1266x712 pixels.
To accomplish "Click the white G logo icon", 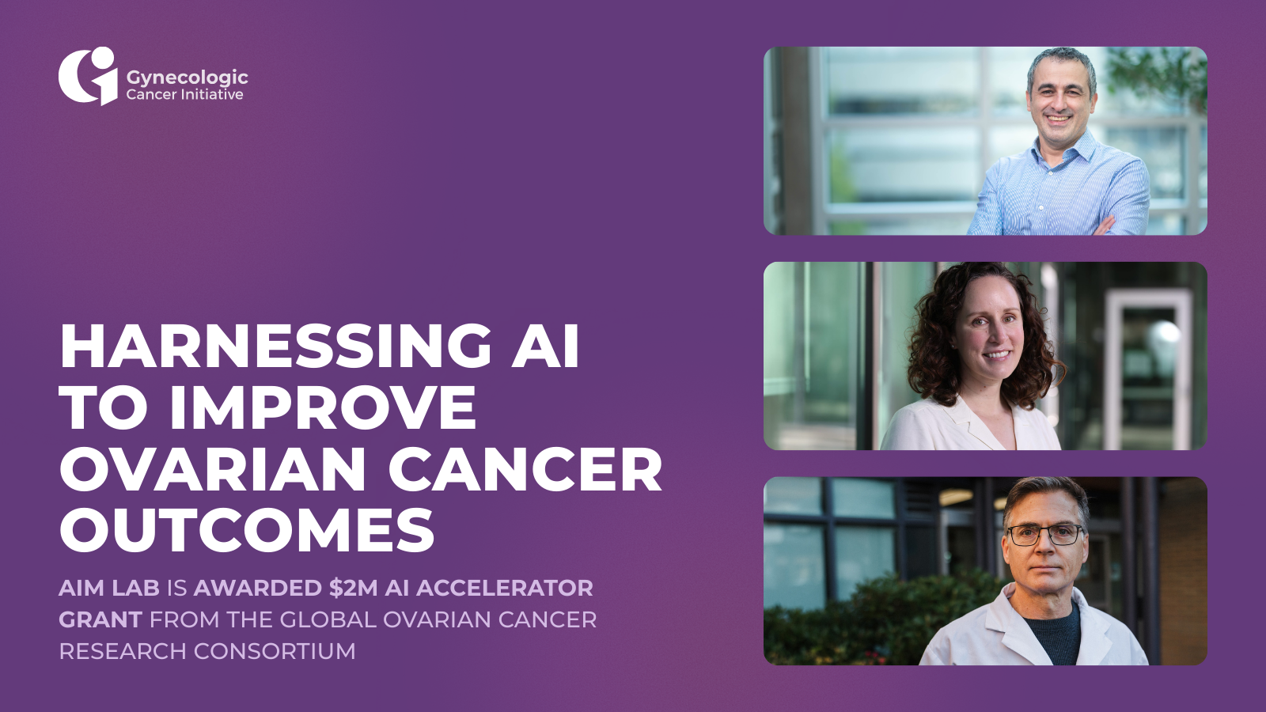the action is pyautogui.click(x=88, y=76).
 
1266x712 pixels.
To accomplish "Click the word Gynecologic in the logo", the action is pyautogui.click(x=187, y=78).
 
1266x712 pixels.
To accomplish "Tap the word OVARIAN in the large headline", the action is pyautogui.click(x=213, y=470).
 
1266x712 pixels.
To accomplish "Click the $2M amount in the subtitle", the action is pyautogui.click(x=353, y=589).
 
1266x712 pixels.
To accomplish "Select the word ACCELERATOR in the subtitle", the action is pyautogui.click(x=505, y=589).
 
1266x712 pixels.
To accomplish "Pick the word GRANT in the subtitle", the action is pyautogui.click(x=100, y=620).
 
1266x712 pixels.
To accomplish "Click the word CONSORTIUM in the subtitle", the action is pyautogui.click(x=275, y=652).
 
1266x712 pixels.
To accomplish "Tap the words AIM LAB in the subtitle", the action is pyautogui.click(x=109, y=589).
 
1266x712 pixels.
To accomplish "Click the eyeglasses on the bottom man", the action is pyautogui.click(x=1045, y=535).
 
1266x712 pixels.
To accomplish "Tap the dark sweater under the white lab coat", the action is pyautogui.click(x=1052, y=633).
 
